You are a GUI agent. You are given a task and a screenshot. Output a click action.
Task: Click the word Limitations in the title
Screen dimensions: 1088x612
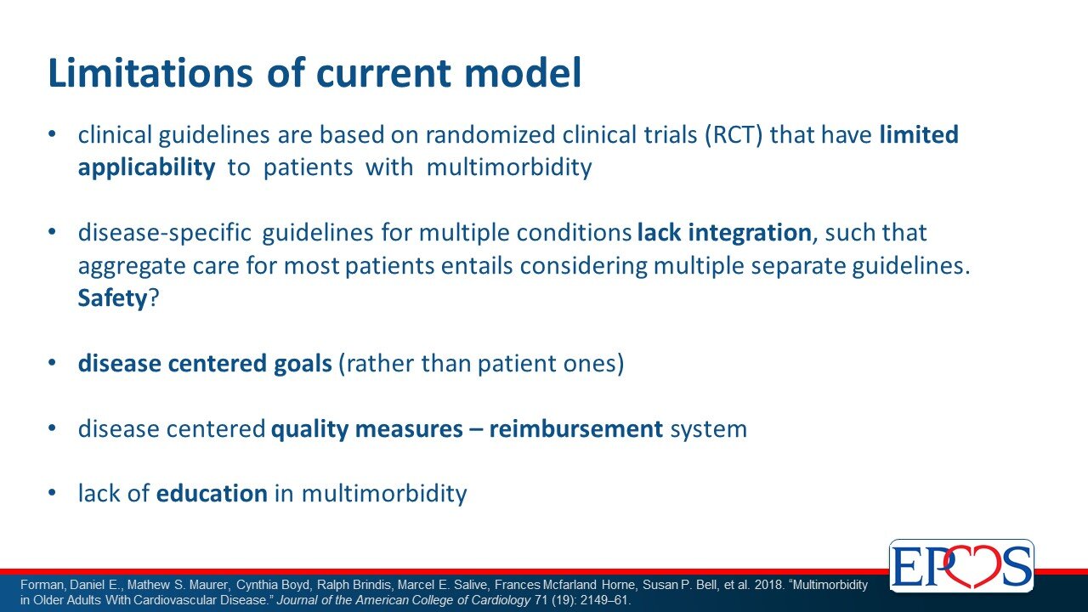[x=150, y=72]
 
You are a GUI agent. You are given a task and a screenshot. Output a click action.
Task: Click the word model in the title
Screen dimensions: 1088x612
[x=523, y=72]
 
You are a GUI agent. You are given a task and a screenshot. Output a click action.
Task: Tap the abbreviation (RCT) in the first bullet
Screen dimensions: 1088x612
[x=734, y=134]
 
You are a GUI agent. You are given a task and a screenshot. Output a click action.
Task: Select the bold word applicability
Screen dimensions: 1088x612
[x=146, y=167]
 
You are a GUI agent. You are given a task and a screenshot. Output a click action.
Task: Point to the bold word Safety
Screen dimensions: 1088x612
[x=112, y=298]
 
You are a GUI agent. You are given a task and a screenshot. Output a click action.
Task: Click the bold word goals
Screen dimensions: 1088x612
[x=303, y=364]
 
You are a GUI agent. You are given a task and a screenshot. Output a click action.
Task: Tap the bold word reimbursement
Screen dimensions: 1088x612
[x=575, y=429]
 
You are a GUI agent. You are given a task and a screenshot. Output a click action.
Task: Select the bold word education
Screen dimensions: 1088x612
[x=212, y=494]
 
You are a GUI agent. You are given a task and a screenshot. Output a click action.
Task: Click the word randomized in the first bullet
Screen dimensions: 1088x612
[x=490, y=134]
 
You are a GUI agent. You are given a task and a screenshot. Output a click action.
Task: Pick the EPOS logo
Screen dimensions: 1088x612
[x=961, y=565]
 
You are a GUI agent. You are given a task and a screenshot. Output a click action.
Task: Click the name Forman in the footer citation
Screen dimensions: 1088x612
[x=42, y=585]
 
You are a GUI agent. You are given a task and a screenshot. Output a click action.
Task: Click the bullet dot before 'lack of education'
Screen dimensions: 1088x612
[x=53, y=493]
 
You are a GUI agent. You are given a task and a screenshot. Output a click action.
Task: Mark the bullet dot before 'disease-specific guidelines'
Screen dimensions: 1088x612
[x=53, y=232]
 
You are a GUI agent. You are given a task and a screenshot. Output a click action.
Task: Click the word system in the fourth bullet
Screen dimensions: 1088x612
[x=708, y=429]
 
